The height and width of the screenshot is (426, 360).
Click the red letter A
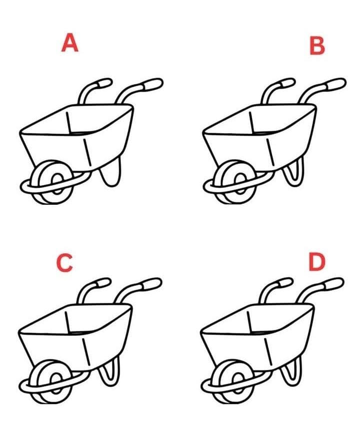coord(69,43)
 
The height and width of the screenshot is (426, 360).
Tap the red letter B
coord(317,46)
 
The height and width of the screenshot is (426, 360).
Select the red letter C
coord(65,262)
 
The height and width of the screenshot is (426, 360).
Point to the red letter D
coord(317,262)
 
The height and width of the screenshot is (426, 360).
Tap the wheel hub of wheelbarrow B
coord(240,183)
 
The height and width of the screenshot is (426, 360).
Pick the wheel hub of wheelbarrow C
coord(56,383)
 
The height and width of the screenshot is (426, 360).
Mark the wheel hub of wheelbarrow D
coord(238,383)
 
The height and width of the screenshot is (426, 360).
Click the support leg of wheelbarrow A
coord(110,173)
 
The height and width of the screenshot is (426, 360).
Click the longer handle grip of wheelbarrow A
coord(152,84)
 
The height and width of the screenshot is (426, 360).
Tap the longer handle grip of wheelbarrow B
coord(335,84)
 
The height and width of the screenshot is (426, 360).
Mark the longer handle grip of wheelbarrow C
coord(151,283)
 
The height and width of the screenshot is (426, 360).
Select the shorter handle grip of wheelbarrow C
coord(103,282)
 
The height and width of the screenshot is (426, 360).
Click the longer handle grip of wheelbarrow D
coord(333,283)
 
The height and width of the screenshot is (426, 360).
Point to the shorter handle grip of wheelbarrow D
coord(285,282)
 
